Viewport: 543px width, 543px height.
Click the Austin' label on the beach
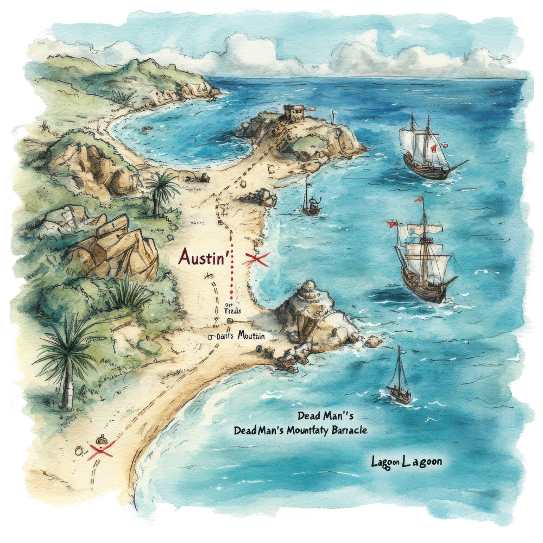pyautogui.click(x=201, y=256)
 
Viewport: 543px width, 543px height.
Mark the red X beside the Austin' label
pyautogui.click(x=256, y=260)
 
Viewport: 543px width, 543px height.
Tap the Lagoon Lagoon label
pyautogui.click(x=406, y=462)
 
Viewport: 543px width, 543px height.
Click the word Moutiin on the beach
pyautogui.click(x=251, y=336)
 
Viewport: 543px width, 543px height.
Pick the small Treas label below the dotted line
pyautogui.click(x=232, y=311)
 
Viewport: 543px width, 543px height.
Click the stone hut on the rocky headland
pyautogui.click(x=293, y=112)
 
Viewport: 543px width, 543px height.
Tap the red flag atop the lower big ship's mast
pyautogui.click(x=419, y=200)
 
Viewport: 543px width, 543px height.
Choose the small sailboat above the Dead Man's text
pyautogui.click(x=399, y=380)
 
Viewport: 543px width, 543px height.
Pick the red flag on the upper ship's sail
pyautogui.click(x=433, y=148)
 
